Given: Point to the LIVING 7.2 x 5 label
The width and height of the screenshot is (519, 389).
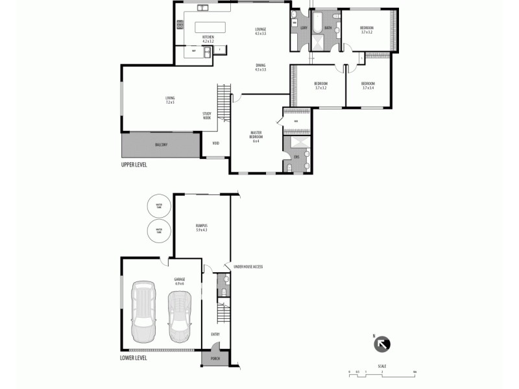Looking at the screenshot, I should pyautogui.click(x=170, y=100).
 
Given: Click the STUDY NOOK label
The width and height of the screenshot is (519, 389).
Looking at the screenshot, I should pyautogui.click(x=207, y=116).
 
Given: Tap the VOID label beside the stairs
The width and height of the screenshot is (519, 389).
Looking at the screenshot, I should pyautogui.click(x=215, y=143).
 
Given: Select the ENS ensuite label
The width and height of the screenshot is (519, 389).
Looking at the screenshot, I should pyautogui.click(x=296, y=156).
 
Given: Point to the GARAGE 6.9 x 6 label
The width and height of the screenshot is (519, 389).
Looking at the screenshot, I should pyautogui.click(x=180, y=281).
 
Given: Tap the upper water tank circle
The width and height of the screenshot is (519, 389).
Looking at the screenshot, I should pyautogui.click(x=158, y=206).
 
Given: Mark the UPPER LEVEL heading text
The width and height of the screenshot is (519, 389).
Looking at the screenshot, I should pyautogui.click(x=134, y=165).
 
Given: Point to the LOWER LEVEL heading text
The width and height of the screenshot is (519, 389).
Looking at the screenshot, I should pyautogui.click(x=134, y=357).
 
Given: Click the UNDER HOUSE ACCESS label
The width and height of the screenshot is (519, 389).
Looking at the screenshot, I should pyautogui.click(x=248, y=267).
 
